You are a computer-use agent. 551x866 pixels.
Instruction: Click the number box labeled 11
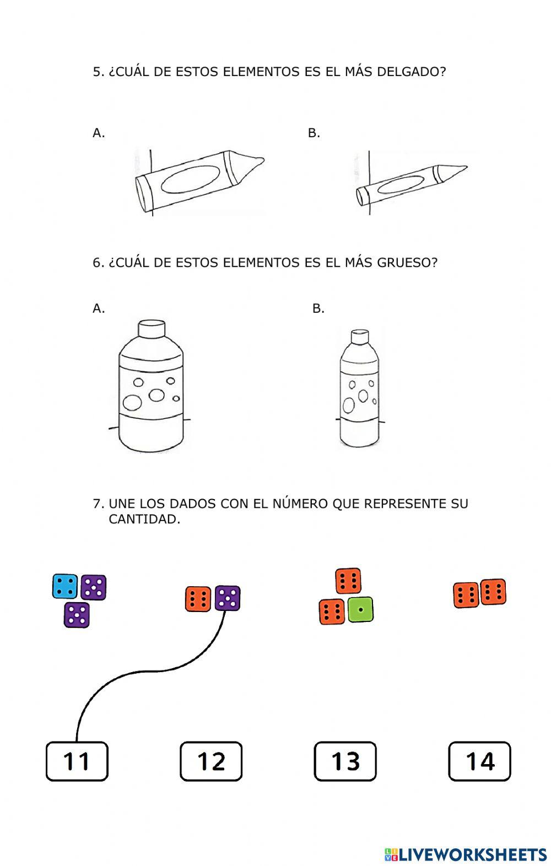point(77,761)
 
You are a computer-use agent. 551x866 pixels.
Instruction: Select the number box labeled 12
point(211,761)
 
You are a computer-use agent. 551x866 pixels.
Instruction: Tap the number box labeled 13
point(345,761)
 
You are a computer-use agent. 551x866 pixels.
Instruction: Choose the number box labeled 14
point(479,761)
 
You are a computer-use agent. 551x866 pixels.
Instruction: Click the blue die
point(65,586)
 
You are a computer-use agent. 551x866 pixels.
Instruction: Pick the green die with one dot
point(360,610)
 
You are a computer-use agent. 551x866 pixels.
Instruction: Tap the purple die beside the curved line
point(227,598)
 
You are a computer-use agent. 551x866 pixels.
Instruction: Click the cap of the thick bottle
point(151,329)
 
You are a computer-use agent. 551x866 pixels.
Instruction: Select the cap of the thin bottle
point(359,336)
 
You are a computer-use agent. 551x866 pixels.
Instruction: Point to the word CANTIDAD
point(144,519)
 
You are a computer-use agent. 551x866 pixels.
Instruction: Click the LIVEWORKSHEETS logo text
point(472,854)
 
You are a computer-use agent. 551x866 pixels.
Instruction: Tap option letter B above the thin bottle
point(318,308)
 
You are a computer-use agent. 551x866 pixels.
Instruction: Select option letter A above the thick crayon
point(98,133)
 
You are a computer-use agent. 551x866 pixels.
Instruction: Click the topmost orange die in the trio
point(348,581)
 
